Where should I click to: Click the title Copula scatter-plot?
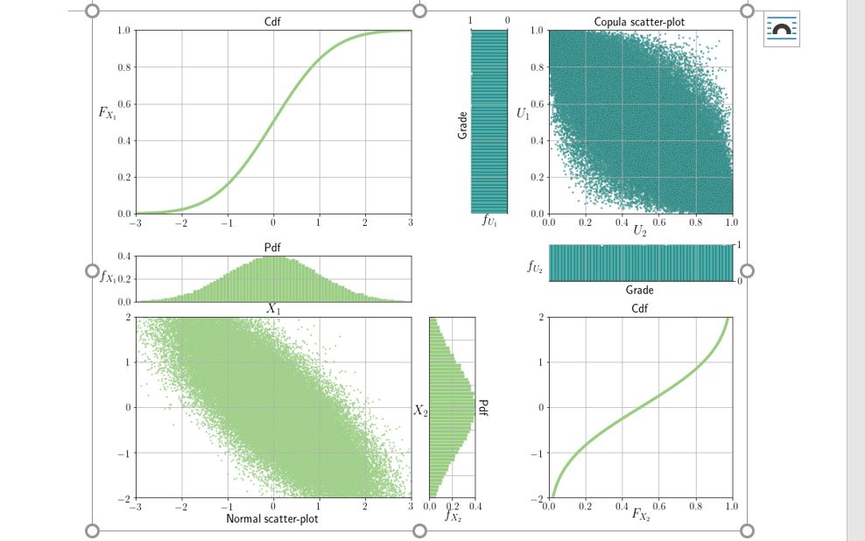(640, 21)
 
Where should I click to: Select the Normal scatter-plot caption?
(272, 519)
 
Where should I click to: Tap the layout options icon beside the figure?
(781, 30)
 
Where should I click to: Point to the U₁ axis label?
(523, 113)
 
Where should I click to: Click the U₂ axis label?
(640, 231)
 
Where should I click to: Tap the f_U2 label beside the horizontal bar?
(534, 270)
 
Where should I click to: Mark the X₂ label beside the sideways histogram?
(421, 410)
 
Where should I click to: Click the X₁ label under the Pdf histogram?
(273, 308)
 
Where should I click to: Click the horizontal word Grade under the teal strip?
(640, 290)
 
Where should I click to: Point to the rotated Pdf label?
(482, 408)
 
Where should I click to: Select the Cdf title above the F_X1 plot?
(273, 21)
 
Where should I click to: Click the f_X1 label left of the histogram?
(109, 278)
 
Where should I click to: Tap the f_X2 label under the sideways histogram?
(452, 516)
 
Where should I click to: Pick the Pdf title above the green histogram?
(273, 248)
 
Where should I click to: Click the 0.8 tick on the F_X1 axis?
(124, 67)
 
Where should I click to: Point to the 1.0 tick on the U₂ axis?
(732, 223)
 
